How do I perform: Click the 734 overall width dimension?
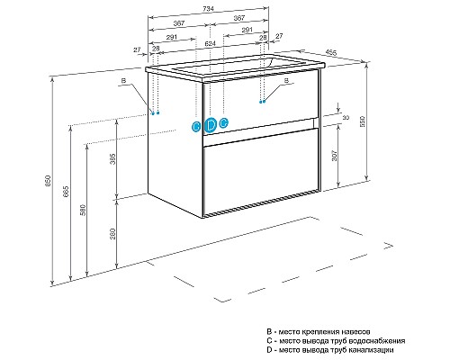tap(208, 9)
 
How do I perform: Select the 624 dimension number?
tap(210, 43)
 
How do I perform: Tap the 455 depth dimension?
tap(331, 52)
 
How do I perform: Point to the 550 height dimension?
tap(362, 121)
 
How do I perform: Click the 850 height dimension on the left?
tap(49, 181)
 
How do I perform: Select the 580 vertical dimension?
tap(83, 210)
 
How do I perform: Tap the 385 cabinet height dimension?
tap(112, 159)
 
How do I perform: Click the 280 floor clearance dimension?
tap(112, 234)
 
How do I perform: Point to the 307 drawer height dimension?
tap(335, 156)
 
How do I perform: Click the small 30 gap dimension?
tap(346, 118)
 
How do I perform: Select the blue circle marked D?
tap(211, 125)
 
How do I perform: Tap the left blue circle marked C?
tap(196, 126)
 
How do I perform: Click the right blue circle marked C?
tap(223, 122)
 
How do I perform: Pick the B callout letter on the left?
tap(123, 81)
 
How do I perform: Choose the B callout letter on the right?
tap(286, 80)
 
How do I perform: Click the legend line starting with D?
tap(330, 350)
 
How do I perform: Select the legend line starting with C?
tap(336, 341)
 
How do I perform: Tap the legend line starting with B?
tap(318, 332)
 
